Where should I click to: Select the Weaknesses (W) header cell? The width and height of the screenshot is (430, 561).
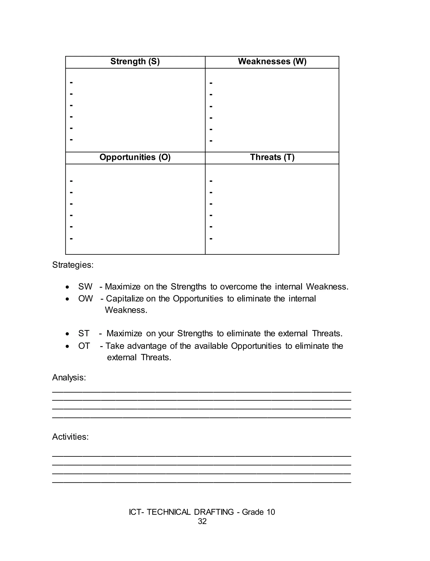[272, 61]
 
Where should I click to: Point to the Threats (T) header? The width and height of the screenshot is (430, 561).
[272, 157]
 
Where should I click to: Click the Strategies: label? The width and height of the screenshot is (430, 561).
[73, 265]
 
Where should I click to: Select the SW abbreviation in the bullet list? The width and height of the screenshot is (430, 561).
[85, 287]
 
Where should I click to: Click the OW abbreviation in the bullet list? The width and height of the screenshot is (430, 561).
[85, 299]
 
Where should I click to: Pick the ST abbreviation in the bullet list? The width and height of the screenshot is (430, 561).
[84, 334]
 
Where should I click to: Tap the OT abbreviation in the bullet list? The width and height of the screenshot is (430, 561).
[84, 346]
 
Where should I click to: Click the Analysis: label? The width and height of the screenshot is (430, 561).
[69, 378]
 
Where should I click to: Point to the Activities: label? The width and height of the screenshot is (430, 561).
[70, 437]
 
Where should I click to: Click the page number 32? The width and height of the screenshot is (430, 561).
[202, 521]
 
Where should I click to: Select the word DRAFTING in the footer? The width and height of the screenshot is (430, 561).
[214, 512]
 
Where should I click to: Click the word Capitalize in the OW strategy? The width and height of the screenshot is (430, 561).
[125, 299]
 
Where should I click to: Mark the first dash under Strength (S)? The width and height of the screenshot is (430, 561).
[71, 82]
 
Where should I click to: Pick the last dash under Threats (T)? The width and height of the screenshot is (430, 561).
[211, 239]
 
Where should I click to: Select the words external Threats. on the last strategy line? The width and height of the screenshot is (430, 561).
[139, 358]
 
